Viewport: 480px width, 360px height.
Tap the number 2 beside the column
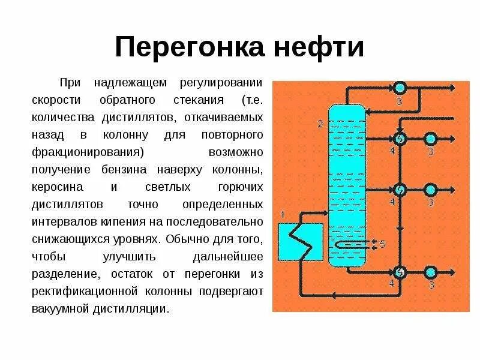(320, 124)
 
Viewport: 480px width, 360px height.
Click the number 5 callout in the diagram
(382, 243)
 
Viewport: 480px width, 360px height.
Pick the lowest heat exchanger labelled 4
(398, 271)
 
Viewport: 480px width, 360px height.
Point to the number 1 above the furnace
(283, 214)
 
